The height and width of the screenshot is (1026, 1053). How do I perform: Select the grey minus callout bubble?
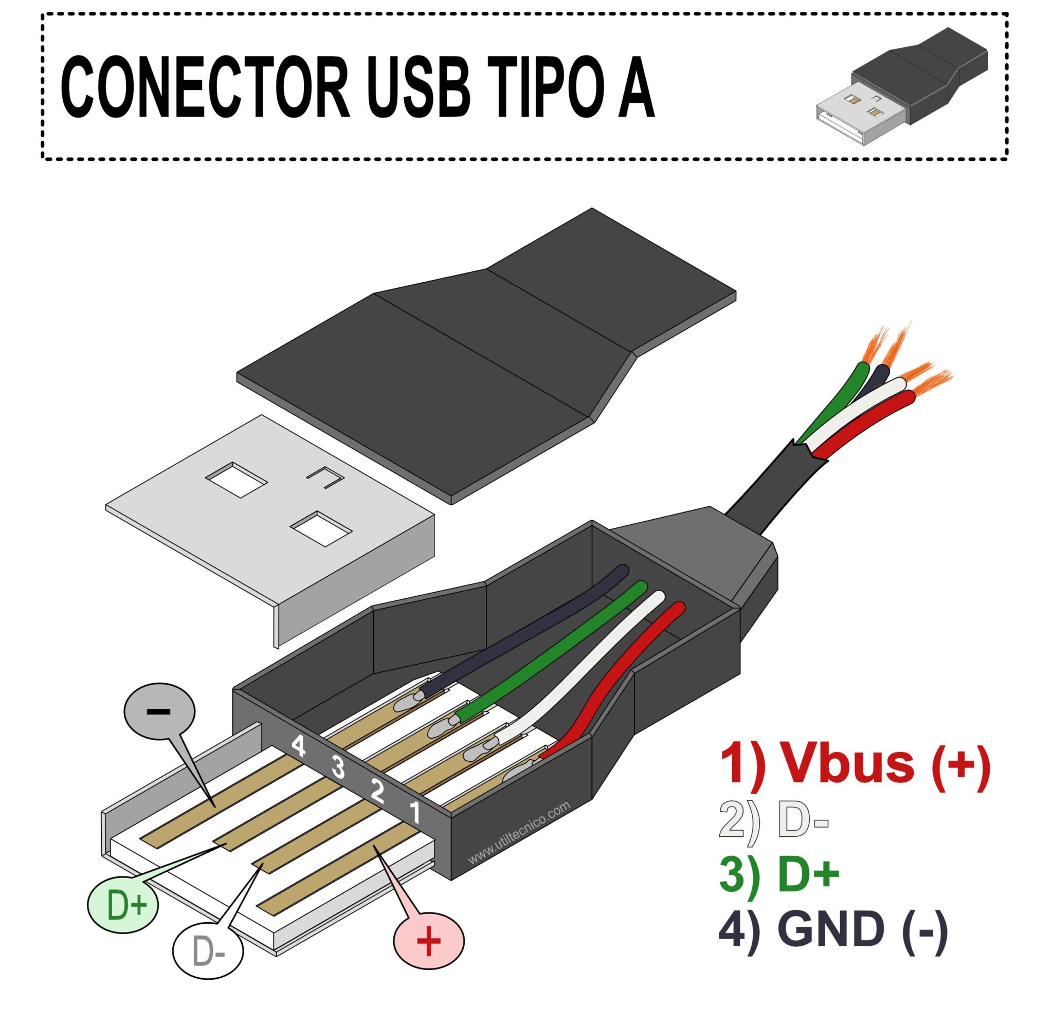159,711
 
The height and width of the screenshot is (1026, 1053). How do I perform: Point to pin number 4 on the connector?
298,746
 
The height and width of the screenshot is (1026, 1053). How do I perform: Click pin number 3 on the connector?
338,767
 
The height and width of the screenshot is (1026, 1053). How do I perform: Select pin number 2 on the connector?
377,791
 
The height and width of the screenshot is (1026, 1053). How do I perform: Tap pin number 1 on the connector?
415,812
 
